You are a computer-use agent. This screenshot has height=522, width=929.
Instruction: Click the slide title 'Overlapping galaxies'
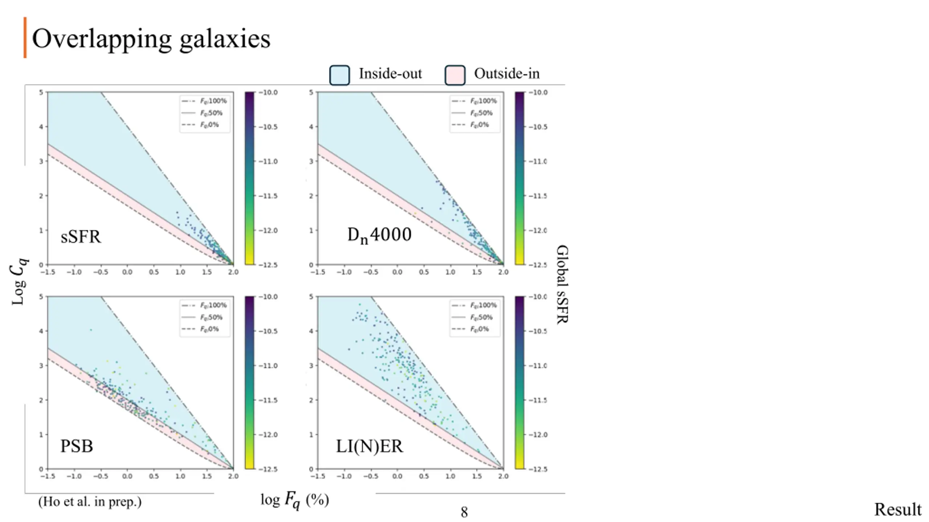(x=151, y=38)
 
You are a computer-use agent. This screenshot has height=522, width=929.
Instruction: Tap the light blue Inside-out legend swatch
(x=339, y=75)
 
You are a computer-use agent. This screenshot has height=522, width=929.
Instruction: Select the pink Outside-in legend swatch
(x=455, y=75)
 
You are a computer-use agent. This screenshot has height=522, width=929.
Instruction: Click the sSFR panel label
(x=81, y=237)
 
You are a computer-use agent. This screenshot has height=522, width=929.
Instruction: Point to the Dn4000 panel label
(x=379, y=235)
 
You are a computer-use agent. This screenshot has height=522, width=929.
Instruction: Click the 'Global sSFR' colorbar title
(x=562, y=284)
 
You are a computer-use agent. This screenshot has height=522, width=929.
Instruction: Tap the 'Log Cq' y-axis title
(x=18, y=281)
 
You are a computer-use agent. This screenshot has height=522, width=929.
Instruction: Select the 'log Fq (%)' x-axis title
(x=295, y=500)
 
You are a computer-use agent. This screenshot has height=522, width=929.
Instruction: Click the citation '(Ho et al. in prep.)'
(x=90, y=502)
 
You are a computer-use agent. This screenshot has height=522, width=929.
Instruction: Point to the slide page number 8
(x=464, y=512)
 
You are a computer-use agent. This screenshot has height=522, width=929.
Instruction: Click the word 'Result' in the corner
(x=897, y=510)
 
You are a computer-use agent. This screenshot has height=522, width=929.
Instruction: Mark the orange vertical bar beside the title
(x=25, y=37)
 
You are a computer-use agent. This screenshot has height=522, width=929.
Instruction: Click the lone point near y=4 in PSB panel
(x=91, y=330)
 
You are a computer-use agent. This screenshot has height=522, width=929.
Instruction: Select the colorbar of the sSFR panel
(x=249, y=178)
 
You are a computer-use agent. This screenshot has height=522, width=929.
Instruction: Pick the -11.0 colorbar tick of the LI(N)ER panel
(x=538, y=365)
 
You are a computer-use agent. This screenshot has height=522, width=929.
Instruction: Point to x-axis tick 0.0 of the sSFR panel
(x=127, y=272)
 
